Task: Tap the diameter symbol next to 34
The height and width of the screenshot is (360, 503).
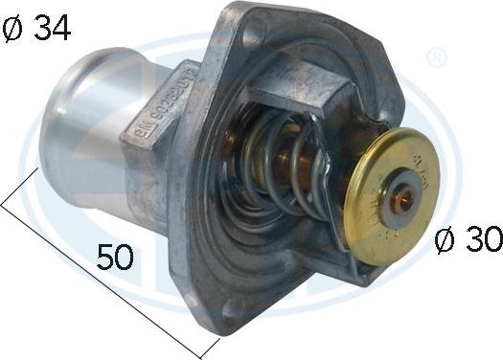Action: pos(13,30)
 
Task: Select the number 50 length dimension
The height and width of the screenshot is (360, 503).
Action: pos(113,257)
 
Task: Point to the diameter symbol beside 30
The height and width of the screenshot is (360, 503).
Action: pos(442,241)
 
